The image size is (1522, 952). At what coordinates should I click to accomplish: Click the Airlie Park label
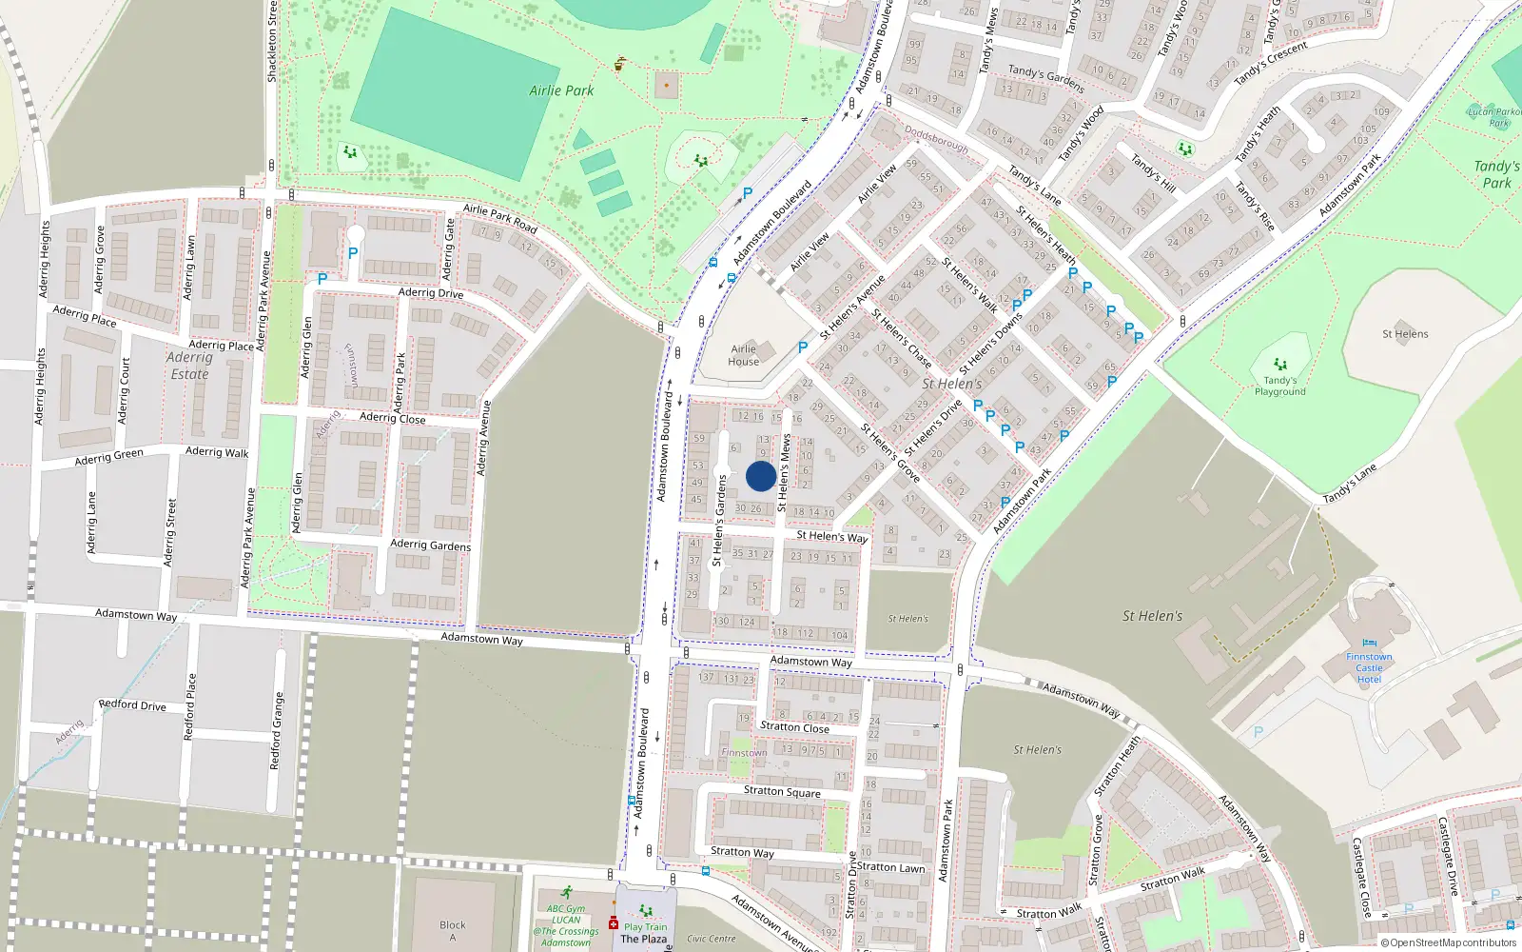[x=561, y=90]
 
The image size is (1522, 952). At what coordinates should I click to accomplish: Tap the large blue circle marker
[x=760, y=476]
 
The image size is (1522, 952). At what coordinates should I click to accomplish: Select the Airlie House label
[x=744, y=355]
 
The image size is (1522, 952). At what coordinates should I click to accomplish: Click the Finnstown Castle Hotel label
[x=1369, y=668]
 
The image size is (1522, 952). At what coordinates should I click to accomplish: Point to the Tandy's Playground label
[x=1279, y=386]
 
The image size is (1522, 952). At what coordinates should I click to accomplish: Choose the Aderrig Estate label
[x=189, y=366]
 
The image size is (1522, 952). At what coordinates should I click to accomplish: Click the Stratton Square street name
[x=782, y=791]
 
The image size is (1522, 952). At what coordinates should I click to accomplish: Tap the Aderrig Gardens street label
[x=430, y=545]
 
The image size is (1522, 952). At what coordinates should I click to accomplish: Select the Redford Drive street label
[x=132, y=705]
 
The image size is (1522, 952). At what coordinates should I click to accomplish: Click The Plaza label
[x=644, y=939]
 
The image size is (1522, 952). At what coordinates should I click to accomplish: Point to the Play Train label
[x=646, y=926]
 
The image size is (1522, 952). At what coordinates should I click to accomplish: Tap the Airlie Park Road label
[x=500, y=219]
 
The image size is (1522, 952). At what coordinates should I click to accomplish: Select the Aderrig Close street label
[x=392, y=418]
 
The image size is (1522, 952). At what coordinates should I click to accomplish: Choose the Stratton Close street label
[x=794, y=727]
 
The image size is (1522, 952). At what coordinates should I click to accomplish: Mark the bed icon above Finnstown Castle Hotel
[x=1369, y=644]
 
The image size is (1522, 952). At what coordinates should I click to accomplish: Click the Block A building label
[x=453, y=931]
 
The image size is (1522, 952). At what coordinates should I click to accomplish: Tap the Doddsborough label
[x=936, y=140]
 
